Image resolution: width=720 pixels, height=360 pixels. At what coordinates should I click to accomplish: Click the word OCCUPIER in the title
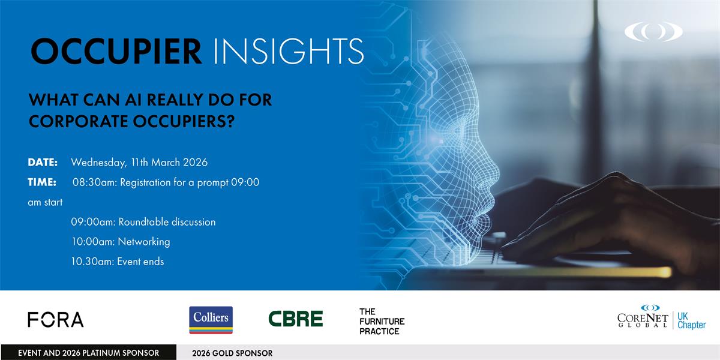(x=116, y=52)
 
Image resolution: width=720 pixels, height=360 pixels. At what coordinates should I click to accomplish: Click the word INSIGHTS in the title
(x=289, y=52)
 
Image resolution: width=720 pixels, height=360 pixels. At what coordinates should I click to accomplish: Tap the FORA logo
(x=56, y=319)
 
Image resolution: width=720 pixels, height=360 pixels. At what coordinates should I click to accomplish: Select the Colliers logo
(x=211, y=320)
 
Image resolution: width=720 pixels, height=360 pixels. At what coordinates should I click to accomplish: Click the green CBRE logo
(x=295, y=319)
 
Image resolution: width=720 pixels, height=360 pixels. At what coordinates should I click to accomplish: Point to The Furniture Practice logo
(x=382, y=322)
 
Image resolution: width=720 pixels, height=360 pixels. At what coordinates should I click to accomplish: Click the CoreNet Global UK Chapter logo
(x=661, y=317)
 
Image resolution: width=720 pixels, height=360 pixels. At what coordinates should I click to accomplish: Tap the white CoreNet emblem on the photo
(x=654, y=31)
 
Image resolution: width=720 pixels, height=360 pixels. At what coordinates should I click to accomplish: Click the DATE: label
(x=43, y=163)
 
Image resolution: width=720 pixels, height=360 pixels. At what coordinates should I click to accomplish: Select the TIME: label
(x=42, y=182)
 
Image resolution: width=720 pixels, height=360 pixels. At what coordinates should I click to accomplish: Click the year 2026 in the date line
(x=195, y=163)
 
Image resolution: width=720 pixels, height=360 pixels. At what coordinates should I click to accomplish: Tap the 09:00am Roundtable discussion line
(x=143, y=222)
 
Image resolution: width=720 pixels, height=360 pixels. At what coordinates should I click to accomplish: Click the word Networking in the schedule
(x=144, y=242)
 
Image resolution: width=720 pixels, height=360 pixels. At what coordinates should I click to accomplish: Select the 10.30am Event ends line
(x=118, y=262)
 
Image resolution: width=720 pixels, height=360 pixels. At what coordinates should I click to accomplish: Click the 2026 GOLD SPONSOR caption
(x=232, y=353)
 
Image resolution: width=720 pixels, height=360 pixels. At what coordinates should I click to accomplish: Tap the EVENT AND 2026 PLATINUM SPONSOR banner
(x=88, y=353)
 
